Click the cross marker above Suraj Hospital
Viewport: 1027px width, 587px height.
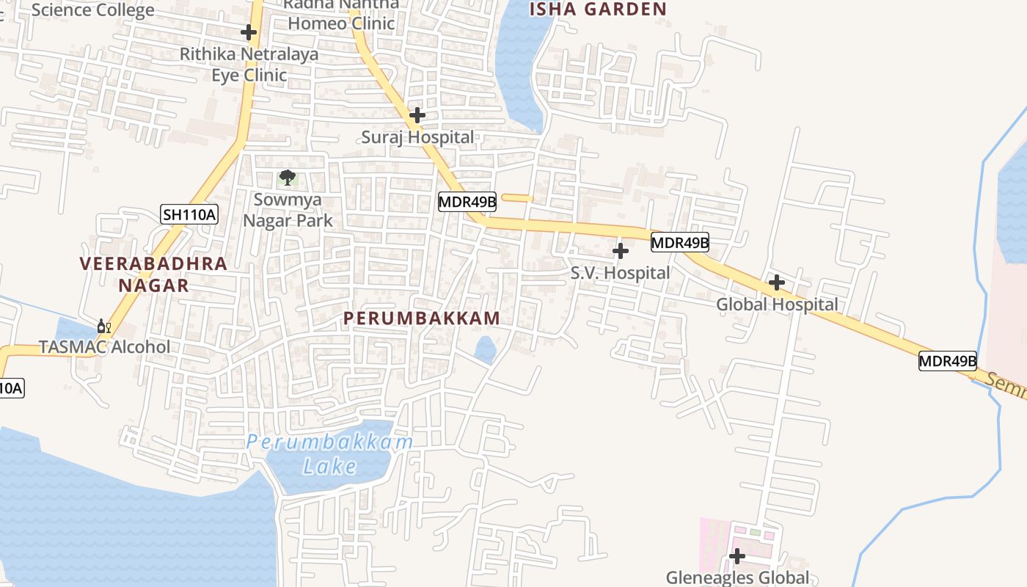(417, 115)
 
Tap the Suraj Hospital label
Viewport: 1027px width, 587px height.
(417, 137)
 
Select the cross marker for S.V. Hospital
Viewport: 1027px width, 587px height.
(621, 251)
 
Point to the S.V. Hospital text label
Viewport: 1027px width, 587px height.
(621, 273)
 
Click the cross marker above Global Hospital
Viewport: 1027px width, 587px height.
(776, 282)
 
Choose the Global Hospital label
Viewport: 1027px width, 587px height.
(777, 305)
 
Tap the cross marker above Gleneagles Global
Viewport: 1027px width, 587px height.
(737, 556)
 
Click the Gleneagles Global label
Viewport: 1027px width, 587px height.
(737, 577)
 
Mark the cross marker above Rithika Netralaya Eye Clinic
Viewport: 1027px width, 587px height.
(249, 32)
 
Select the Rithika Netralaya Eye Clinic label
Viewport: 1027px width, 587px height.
(249, 65)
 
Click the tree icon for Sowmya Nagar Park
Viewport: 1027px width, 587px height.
(288, 178)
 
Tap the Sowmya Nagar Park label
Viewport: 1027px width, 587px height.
(288, 210)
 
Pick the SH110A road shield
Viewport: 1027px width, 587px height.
(189, 214)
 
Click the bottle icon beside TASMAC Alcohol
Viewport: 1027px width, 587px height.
(104, 326)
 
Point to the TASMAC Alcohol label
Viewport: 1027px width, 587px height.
(104, 347)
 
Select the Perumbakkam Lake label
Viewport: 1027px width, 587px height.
(330, 454)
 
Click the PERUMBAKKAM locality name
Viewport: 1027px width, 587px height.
(423, 318)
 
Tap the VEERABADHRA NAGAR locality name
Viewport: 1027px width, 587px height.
(154, 274)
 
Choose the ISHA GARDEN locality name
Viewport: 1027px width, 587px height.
(598, 9)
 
